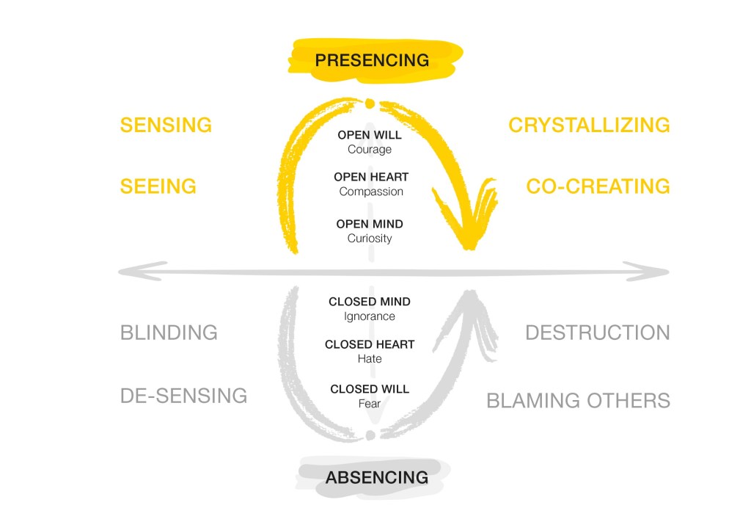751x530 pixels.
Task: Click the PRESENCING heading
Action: point(372,59)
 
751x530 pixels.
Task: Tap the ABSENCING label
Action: point(376,477)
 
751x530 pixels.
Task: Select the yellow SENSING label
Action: point(166,125)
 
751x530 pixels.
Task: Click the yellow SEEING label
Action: point(158,186)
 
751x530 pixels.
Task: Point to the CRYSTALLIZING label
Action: point(589,125)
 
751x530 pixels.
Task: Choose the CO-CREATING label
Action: point(598,186)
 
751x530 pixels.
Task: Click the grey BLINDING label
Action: point(169,333)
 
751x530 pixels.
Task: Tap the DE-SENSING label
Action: point(183,396)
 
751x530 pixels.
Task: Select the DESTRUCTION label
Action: point(597,333)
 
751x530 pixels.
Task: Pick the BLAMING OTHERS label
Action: point(578,400)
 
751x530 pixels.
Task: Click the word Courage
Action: point(370,149)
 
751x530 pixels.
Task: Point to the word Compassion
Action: point(371,192)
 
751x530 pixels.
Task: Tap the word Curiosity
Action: point(370,238)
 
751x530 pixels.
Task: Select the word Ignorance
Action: point(370,316)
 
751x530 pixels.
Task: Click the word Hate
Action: point(370,359)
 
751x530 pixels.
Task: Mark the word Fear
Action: point(370,403)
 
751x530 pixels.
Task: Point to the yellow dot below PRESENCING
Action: point(370,104)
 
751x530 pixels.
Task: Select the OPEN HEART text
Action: point(371,177)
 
